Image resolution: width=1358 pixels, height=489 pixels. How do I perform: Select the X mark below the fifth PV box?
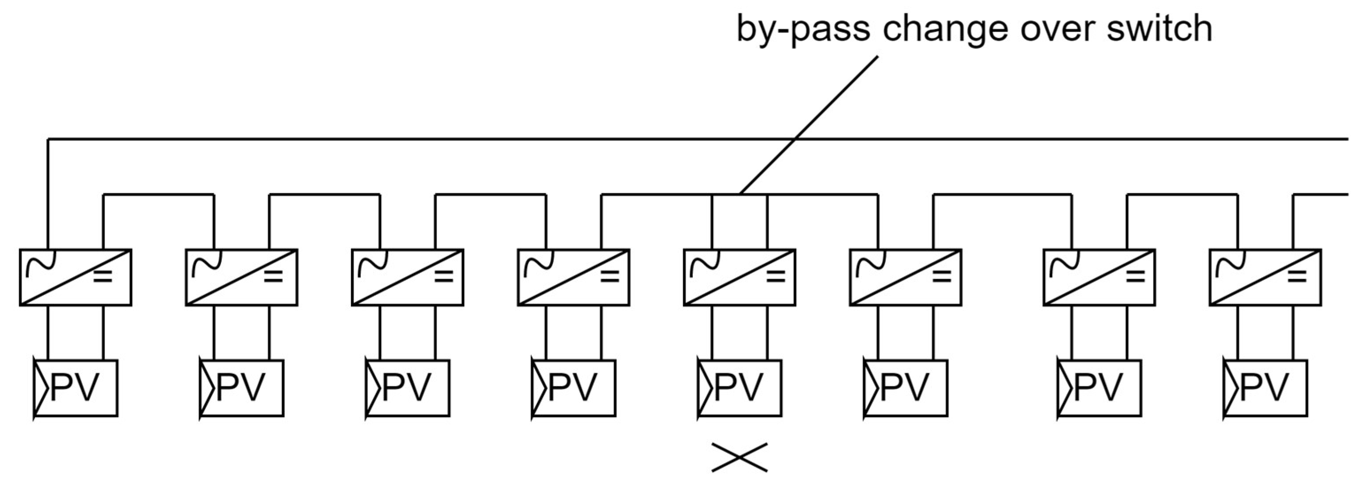pos(740,457)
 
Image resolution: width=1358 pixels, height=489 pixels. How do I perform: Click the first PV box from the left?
pos(76,388)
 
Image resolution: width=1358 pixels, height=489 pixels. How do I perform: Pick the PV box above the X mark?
pos(740,388)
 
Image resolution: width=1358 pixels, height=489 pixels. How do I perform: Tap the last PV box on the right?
pos(1265,388)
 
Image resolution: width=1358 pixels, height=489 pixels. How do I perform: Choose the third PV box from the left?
pos(408,388)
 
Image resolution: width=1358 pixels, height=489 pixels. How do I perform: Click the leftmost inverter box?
pos(75,277)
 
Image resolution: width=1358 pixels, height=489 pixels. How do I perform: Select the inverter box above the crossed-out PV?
pos(740,277)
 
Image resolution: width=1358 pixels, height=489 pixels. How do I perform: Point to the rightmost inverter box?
pos(1265,277)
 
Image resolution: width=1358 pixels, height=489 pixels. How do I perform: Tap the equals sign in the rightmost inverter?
pos(1297,276)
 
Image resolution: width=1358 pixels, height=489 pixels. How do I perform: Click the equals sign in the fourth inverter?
pos(610,276)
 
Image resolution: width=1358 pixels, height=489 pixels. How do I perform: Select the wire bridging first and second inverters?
pos(158,195)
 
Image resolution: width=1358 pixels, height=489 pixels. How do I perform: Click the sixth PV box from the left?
pos(906,388)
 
